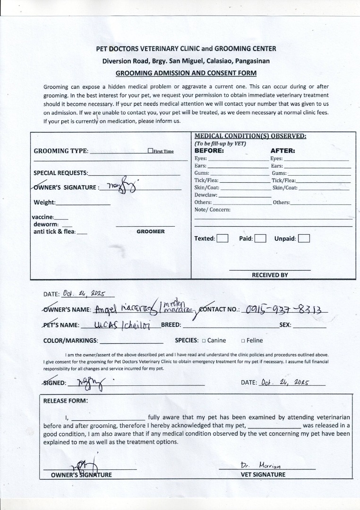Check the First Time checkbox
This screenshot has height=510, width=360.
click(150, 151)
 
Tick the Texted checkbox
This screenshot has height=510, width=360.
click(223, 238)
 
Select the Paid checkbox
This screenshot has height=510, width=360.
click(260, 238)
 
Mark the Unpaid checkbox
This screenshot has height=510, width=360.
click(304, 238)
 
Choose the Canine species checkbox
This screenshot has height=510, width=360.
click(204, 340)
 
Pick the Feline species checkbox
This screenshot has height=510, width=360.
click(242, 340)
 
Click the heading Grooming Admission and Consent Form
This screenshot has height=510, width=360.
click(186, 73)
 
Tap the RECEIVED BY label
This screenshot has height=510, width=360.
click(270, 275)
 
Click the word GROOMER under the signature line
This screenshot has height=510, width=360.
click(151, 232)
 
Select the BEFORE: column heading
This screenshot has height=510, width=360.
click(209, 151)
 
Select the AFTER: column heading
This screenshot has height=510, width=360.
click(283, 151)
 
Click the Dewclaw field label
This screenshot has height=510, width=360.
click(206, 195)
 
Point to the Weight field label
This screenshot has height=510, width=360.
click(44, 203)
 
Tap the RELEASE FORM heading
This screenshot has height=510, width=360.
click(66, 401)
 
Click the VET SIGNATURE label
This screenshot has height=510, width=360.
click(263, 475)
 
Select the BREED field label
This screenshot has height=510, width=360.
click(171, 325)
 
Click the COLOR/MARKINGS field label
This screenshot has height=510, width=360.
click(71, 340)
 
